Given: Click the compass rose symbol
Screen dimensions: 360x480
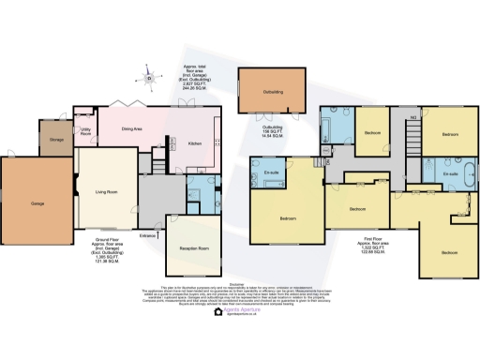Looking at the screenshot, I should [147, 79].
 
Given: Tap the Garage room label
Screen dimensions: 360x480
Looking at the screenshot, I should [38, 203].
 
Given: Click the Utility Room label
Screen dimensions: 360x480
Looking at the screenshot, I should [85, 133].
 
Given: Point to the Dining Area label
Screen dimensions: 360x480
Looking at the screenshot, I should [132, 128].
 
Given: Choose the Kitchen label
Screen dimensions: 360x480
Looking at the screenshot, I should [194, 143].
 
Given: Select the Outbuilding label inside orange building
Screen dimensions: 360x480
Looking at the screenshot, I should [273, 93].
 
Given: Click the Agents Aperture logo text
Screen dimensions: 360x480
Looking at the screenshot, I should [240, 309].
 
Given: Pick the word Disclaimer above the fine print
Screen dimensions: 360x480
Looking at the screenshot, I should [240, 283].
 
